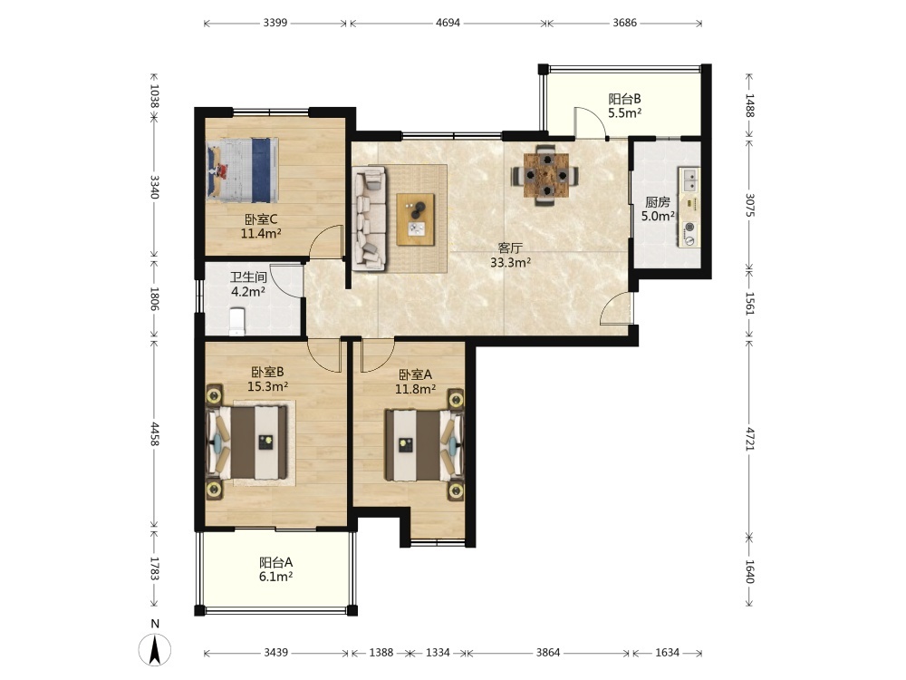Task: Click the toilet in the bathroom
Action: (237, 322)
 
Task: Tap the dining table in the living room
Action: (546, 175)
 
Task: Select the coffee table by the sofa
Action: (416, 219)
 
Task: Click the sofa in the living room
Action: (370, 218)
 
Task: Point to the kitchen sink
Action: (689, 180)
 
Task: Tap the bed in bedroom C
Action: (243, 170)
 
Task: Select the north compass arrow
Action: (154, 649)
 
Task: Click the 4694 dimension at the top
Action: (448, 24)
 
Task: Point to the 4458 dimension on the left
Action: (154, 433)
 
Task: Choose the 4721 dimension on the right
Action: (749, 440)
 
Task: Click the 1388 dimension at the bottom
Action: (381, 653)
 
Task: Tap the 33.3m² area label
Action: (511, 263)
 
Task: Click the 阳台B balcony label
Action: (624, 99)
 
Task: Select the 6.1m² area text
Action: (275, 577)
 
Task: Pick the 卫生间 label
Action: (248, 277)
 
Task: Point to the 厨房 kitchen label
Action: (658, 202)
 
